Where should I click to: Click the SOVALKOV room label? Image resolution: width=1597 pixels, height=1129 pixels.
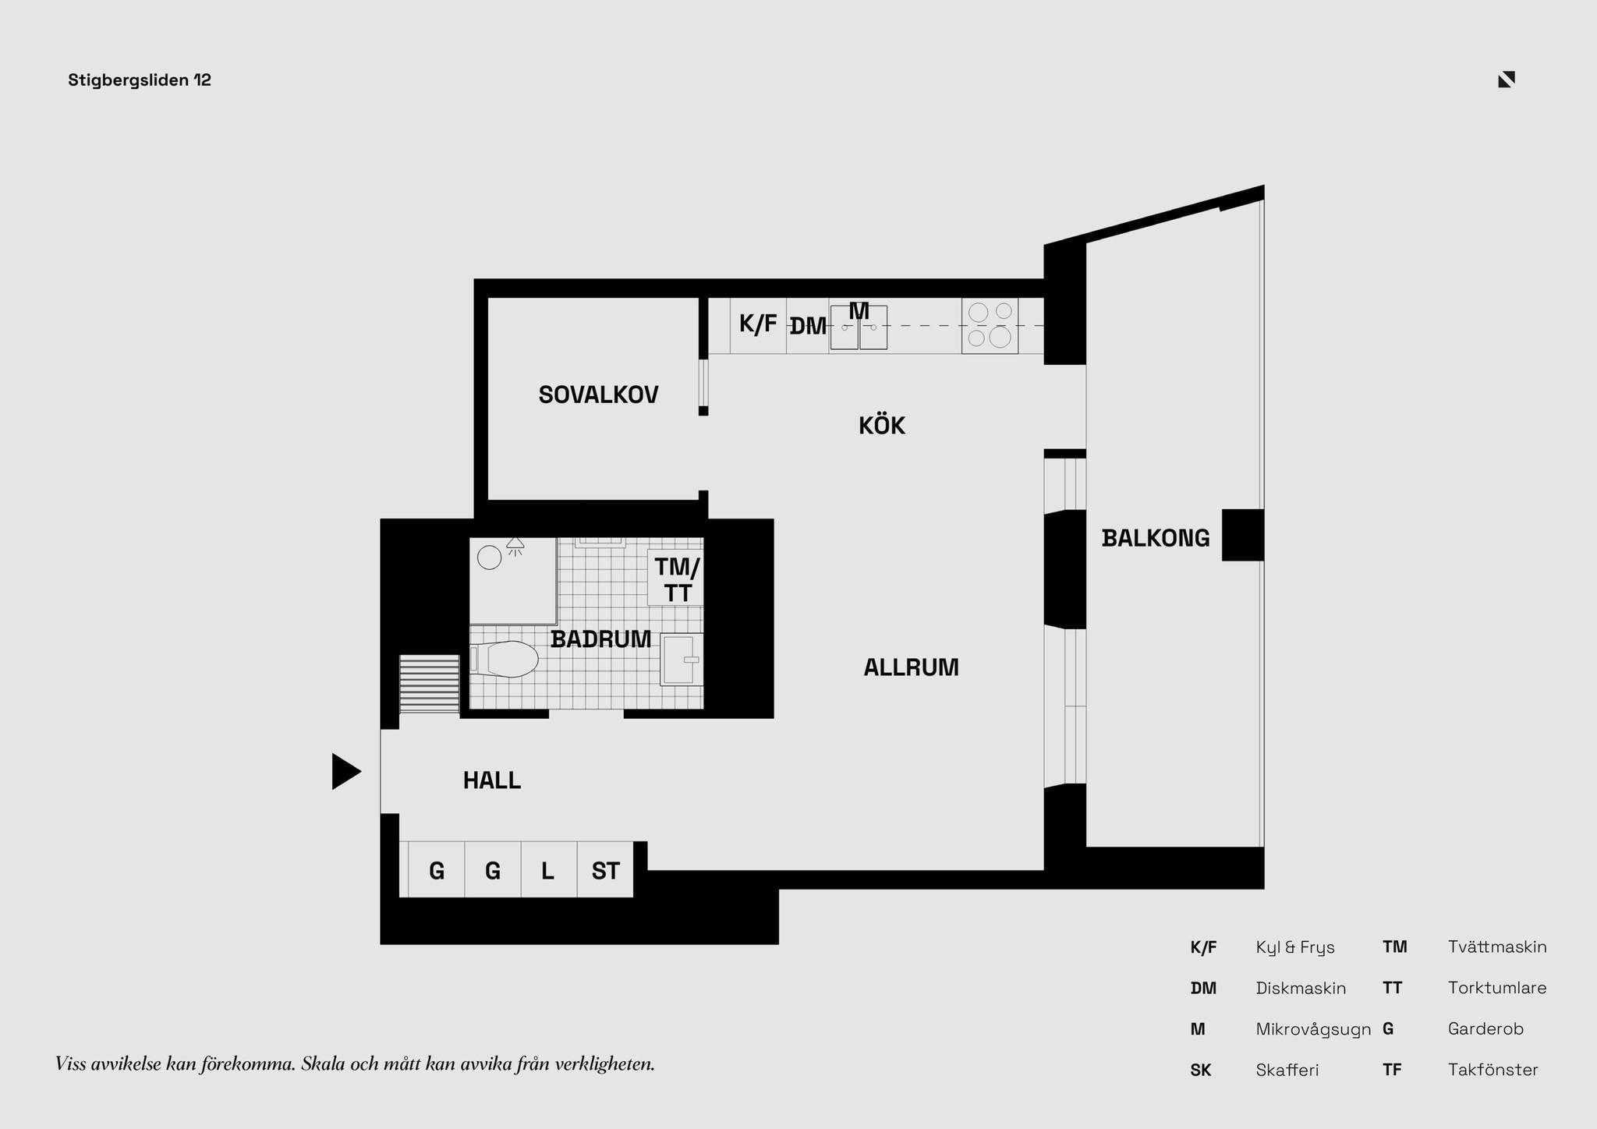(598, 395)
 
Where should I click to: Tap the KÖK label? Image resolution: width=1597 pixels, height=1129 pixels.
(882, 425)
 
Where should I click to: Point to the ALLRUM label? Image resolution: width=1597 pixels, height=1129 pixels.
(911, 667)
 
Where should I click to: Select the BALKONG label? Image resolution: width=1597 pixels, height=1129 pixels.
(1156, 538)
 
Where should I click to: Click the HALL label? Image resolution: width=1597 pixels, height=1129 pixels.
(492, 780)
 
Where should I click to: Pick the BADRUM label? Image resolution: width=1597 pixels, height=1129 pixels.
(600, 639)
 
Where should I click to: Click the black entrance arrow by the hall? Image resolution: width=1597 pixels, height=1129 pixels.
(346, 772)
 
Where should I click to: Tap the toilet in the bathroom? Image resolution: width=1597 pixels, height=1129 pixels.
(505, 660)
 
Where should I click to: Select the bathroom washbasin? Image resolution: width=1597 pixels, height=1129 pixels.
(682, 660)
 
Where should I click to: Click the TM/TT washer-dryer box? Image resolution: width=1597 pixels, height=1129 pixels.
(675, 578)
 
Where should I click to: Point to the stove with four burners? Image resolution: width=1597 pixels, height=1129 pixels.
(990, 326)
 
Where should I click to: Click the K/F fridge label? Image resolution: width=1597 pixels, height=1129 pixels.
(758, 324)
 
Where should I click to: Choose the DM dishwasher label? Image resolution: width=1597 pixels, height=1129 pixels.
(808, 327)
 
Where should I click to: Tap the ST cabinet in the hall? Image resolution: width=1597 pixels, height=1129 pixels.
(605, 870)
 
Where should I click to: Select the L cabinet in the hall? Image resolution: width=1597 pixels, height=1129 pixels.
(549, 870)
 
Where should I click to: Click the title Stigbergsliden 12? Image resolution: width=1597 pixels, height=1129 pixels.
(140, 80)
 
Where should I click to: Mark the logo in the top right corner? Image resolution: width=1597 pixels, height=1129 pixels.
(1507, 80)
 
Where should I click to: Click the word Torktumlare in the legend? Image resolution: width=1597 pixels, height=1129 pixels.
(1497, 988)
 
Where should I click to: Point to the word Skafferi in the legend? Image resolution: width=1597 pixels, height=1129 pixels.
(1287, 1070)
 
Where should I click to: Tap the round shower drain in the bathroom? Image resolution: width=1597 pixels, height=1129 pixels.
(489, 557)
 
